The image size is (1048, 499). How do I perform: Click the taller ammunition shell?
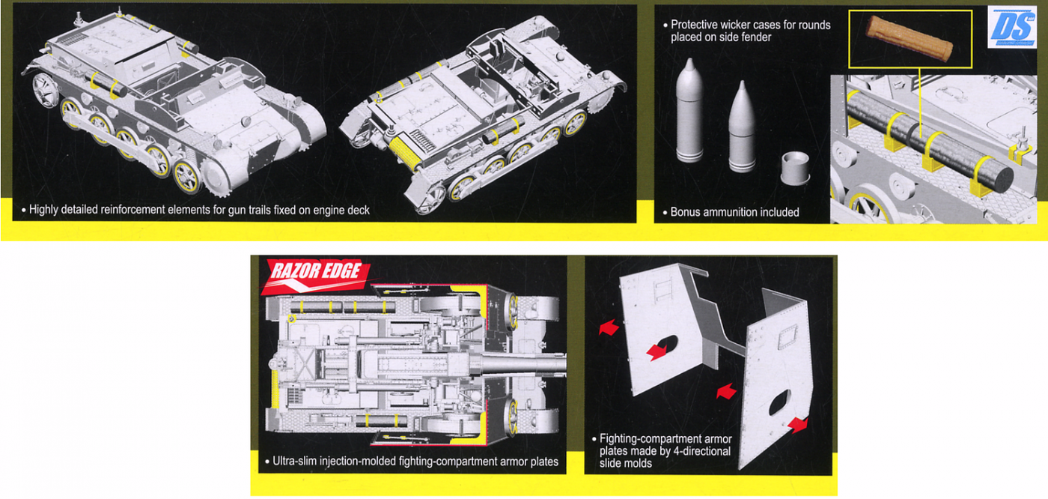coord(690,112)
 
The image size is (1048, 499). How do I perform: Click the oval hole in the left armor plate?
coord(671,345)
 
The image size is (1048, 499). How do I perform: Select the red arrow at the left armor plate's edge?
coord(607,327)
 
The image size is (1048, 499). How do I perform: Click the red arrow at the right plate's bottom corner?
coord(798,423)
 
